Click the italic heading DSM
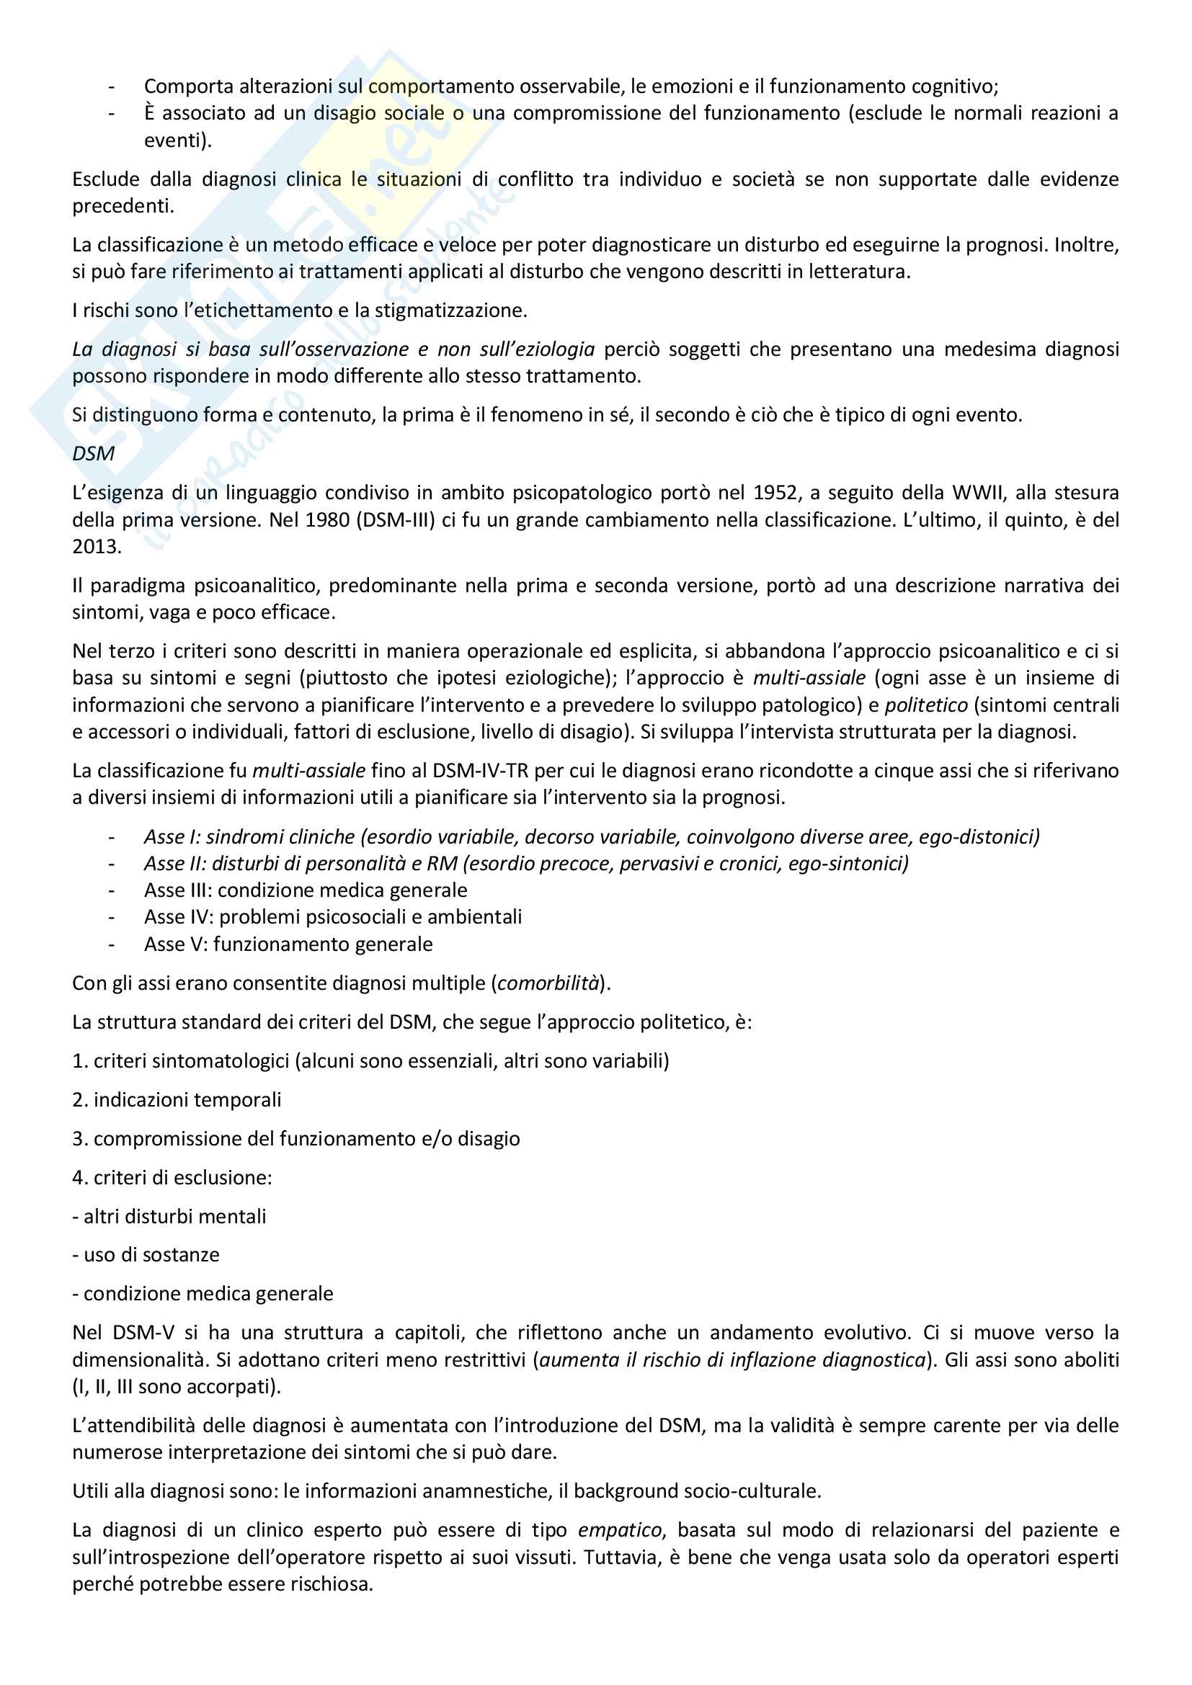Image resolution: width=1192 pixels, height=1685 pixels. tap(93, 454)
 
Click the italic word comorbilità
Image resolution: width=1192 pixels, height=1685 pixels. tap(548, 983)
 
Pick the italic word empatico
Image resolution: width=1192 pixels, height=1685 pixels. tap(620, 1530)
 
